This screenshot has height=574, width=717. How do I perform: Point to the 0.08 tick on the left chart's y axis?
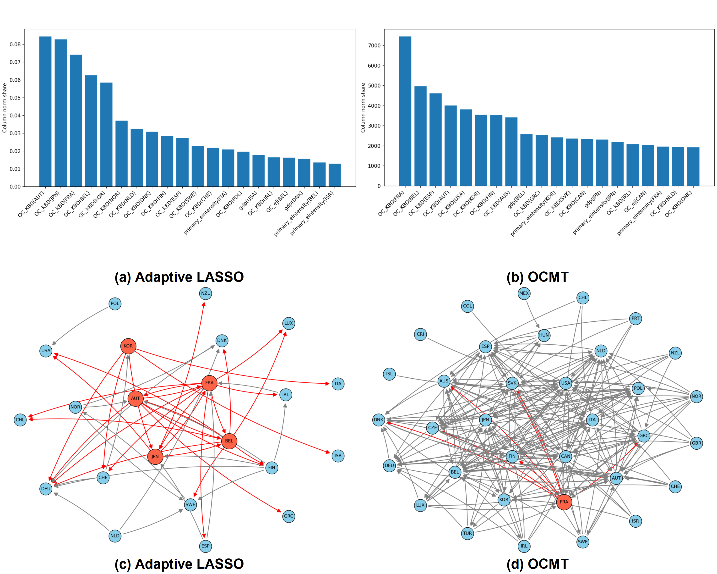point(15,44)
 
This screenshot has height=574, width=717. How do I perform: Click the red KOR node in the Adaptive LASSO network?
point(128,346)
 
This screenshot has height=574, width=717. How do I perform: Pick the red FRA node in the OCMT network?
point(564,502)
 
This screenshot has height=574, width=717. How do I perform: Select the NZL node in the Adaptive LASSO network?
point(206,293)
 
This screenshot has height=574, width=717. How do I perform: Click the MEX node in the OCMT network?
point(524,293)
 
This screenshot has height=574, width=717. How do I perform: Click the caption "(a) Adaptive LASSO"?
point(179,277)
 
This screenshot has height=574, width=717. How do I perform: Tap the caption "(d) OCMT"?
point(538,564)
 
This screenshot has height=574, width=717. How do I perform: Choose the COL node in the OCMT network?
point(467,306)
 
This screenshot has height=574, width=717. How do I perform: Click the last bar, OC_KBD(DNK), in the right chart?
point(693,166)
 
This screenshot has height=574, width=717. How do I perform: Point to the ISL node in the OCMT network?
point(389,374)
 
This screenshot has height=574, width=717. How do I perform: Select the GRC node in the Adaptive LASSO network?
point(289,516)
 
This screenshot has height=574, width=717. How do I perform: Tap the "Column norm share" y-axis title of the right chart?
point(363,108)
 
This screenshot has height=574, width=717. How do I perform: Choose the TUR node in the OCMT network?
point(467,533)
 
